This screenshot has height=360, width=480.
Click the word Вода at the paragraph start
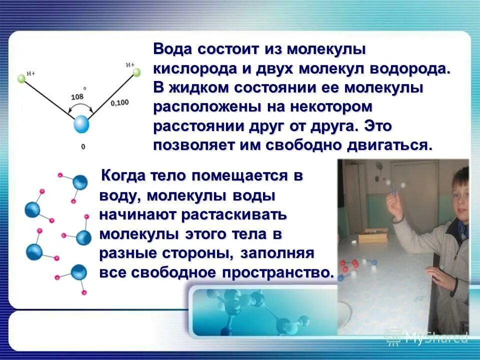pos(172,50)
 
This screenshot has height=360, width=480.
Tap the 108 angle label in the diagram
pos(77,96)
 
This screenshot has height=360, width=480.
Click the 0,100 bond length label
pos(119,103)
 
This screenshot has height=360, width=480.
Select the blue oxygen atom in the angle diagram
pos(81,125)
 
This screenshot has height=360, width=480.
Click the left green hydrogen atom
pos(21,78)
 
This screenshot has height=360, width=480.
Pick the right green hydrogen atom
pos(136,72)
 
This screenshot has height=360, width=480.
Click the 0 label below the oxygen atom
pos(82,146)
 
